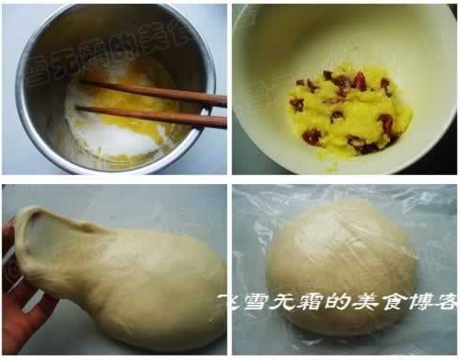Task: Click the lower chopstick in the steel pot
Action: [x=156, y=115]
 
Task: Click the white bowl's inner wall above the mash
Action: [x=340, y=41]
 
